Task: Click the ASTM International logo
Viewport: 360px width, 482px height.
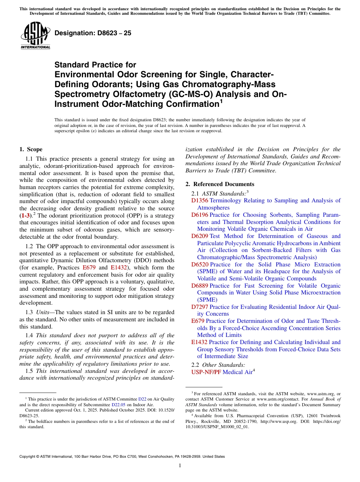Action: (35, 36)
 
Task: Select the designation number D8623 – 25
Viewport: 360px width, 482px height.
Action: (93, 33)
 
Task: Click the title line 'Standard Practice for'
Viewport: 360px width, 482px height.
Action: (95, 65)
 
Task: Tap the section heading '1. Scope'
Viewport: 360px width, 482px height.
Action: (31, 149)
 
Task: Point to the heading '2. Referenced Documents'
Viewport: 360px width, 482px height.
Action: (220, 184)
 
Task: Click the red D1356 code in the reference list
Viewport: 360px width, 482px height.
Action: (199, 200)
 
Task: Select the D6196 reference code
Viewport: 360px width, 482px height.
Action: (199, 215)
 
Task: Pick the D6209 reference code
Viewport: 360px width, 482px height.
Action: (199, 236)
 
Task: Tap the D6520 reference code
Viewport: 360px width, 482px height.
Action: (199, 264)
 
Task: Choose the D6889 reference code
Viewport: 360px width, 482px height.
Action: (199, 286)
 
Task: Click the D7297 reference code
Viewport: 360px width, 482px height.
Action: (199, 307)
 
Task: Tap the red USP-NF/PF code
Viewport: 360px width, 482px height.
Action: (206, 372)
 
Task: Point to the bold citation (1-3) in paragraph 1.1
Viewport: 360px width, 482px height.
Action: (26, 215)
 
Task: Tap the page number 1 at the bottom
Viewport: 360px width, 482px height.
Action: (180, 465)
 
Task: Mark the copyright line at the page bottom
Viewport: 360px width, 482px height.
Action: (122, 457)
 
